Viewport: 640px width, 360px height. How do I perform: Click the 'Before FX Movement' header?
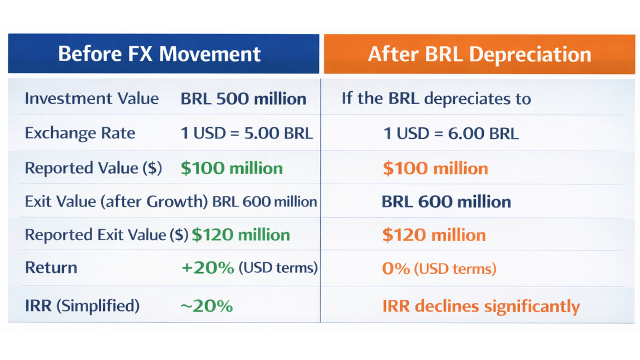(159, 54)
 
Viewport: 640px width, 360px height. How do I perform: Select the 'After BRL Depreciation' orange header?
(479, 54)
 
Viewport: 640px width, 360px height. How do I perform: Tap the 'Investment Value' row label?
(92, 99)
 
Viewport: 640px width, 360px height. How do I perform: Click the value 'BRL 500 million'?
(243, 99)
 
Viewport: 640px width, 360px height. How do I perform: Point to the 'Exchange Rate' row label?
(80, 133)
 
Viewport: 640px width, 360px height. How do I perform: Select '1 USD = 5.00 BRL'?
(247, 133)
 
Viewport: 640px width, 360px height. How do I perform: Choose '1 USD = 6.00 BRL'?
(451, 134)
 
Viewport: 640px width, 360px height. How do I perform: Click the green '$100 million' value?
(231, 168)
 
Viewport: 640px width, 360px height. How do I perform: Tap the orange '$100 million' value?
(435, 168)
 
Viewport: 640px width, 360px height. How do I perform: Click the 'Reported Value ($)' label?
(93, 168)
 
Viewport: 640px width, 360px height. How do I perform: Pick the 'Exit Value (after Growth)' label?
(116, 202)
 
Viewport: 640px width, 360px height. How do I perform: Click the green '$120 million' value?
(241, 235)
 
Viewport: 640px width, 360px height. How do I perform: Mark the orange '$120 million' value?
(434, 235)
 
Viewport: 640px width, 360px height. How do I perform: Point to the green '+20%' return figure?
(208, 268)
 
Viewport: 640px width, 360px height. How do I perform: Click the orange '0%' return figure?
(396, 269)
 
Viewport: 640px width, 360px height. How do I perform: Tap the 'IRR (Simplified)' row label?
(82, 306)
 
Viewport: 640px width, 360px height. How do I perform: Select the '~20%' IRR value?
(207, 306)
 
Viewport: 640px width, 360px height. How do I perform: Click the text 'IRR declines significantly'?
(481, 306)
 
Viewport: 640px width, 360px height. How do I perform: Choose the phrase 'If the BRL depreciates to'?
(436, 99)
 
